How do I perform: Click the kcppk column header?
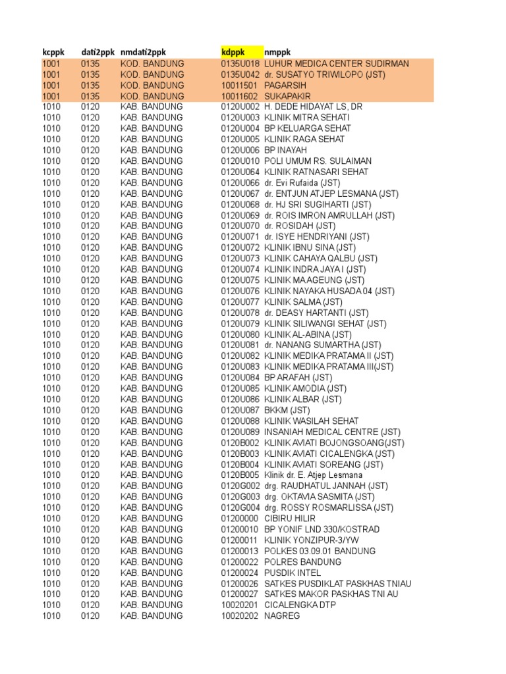point(53,52)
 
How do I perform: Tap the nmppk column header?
point(277,52)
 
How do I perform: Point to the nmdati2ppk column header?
point(144,52)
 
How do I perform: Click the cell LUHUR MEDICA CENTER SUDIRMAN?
point(336,64)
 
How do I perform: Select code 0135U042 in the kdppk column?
point(240,74)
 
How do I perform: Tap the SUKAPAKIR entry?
point(289,96)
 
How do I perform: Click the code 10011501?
point(240,86)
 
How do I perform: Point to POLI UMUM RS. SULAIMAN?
point(318,161)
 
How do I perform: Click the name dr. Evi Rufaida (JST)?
point(302,183)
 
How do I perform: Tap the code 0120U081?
point(240,345)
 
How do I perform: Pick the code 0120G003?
point(240,497)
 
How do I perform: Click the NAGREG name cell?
point(282,616)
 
